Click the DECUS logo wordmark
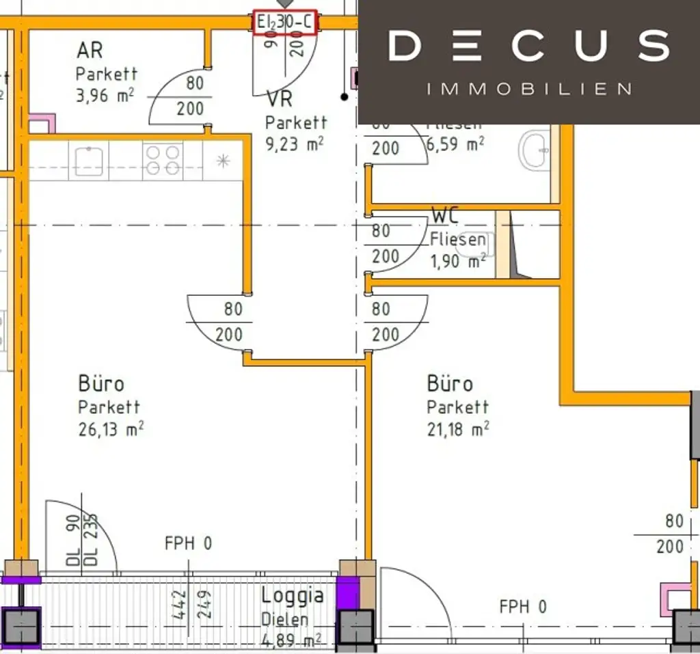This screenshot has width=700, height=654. tap(529, 45)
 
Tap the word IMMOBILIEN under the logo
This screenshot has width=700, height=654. tap(529, 89)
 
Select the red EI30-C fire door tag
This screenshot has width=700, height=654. tap(284, 23)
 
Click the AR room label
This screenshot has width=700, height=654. tap(90, 50)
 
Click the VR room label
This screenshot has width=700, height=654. tap(279, 100)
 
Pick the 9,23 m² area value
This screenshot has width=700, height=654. tap(295, 145)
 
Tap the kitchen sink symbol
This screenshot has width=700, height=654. tap(89, 161)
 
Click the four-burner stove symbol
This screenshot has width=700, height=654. tap(163, 161)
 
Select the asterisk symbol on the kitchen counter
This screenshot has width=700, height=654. tap(223, 161)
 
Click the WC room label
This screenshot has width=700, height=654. tap(445, 216)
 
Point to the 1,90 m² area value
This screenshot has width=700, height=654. tap(458, 260)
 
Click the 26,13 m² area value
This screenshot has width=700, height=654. tap(111, 428)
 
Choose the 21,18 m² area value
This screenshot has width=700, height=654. tap(458, 429)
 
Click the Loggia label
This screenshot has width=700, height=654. tap(293, 595)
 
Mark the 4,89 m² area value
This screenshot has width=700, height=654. tap(292, 641)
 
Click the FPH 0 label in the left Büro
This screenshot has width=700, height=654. tap(188, 544)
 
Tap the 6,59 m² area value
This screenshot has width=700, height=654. tap(455, 144)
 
